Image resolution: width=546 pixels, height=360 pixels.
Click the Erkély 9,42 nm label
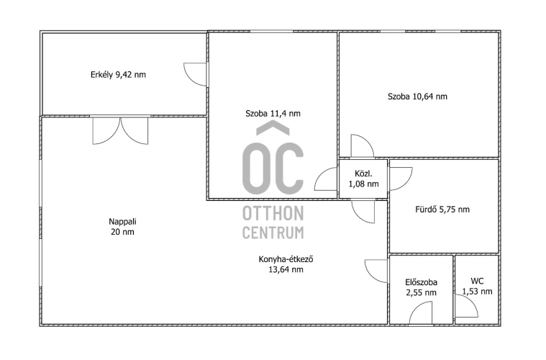(118, 75)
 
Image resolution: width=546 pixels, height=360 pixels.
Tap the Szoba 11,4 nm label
(273, 113)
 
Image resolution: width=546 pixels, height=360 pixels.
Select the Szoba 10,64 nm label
(417, 96)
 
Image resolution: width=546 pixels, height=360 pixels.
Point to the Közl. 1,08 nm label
(363, 179)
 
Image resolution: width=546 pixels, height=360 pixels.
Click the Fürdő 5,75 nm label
(442, 210)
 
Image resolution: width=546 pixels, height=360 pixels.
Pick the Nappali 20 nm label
(122, 227)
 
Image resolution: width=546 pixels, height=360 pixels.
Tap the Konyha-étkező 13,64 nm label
(286, 264)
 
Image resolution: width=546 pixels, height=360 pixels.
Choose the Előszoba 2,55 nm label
(421, 287)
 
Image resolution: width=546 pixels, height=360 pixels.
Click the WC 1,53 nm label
(477, 286)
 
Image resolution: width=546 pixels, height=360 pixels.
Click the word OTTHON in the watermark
(273, 213)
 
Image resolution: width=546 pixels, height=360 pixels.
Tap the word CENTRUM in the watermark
(273, 233)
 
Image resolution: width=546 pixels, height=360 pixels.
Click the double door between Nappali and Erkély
(120, 130)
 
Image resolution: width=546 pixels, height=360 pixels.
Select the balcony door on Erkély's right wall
(195, 74)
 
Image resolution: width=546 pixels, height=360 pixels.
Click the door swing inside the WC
(467, 306)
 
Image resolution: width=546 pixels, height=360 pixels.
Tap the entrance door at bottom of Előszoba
(421, 313)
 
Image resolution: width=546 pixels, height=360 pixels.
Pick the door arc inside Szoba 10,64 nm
(362, 145)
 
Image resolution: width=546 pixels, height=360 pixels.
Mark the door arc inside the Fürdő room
(401, 179)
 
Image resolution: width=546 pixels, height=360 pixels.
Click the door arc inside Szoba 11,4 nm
(326, 179)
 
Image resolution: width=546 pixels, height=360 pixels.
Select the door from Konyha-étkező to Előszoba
(376, 271)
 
